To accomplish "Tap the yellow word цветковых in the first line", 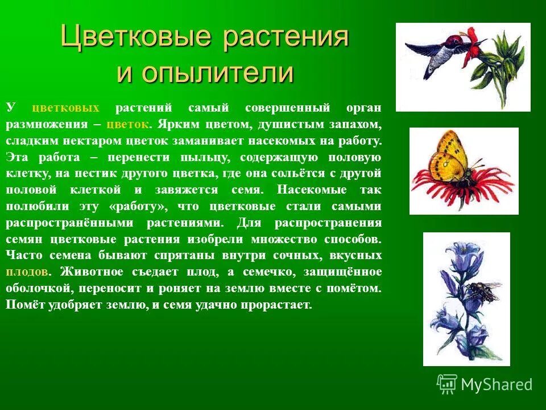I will (x=66, y=108).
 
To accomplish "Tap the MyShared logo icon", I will (x=447, y=384).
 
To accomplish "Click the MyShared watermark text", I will (x=497, y=384).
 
